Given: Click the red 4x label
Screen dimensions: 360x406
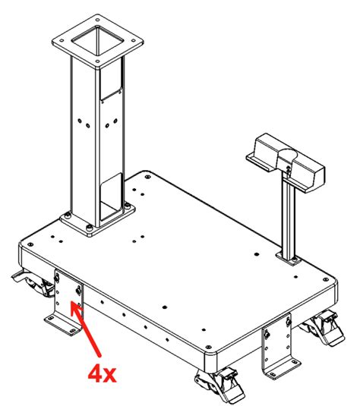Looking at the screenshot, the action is point(102,373).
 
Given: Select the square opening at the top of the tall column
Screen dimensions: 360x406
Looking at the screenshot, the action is point(97,40).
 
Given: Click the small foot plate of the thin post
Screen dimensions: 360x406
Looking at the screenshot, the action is point(289,258).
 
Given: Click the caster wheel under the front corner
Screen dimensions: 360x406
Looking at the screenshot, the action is point(220,386).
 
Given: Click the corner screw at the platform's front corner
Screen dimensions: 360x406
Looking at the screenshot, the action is point(208,347).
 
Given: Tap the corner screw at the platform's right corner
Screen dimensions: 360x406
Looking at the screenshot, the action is point(326,279).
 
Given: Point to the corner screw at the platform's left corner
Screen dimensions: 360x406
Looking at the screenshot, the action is point(30,244).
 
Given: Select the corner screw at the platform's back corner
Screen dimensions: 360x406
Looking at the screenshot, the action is point(148,177).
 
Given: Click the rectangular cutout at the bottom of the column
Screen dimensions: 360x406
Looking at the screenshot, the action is point(111,197).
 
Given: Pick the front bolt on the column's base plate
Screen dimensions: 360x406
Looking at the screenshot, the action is point(90,228).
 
